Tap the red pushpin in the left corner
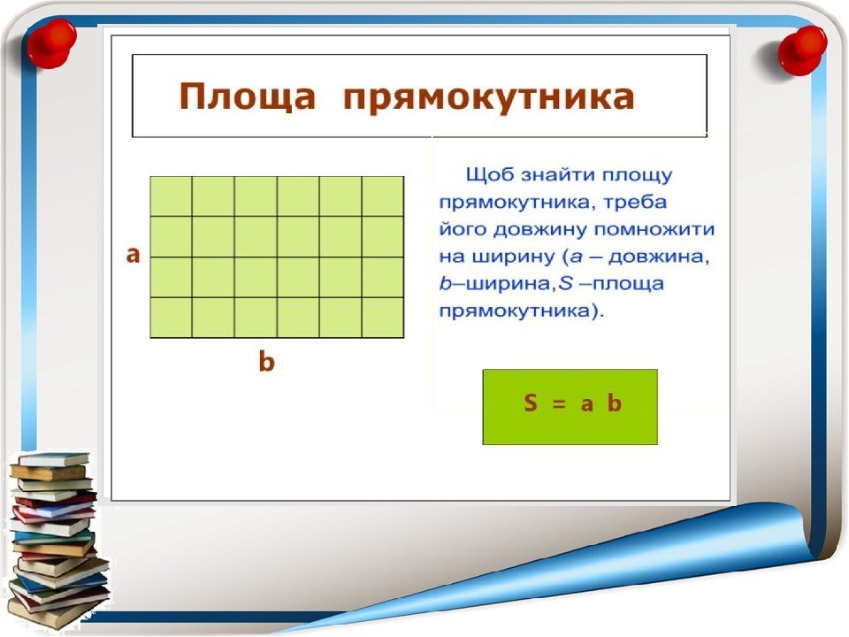point(51,43)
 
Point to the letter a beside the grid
point(133,254)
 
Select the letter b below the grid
point(266,361)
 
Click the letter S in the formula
point(531,403)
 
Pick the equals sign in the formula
point(559,404)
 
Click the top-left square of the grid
point(171,196)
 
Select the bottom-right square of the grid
point(383,318)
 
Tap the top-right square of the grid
point(383,196)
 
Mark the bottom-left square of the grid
point(171,318)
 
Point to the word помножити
point(654,229)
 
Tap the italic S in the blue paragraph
point(566,283)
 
